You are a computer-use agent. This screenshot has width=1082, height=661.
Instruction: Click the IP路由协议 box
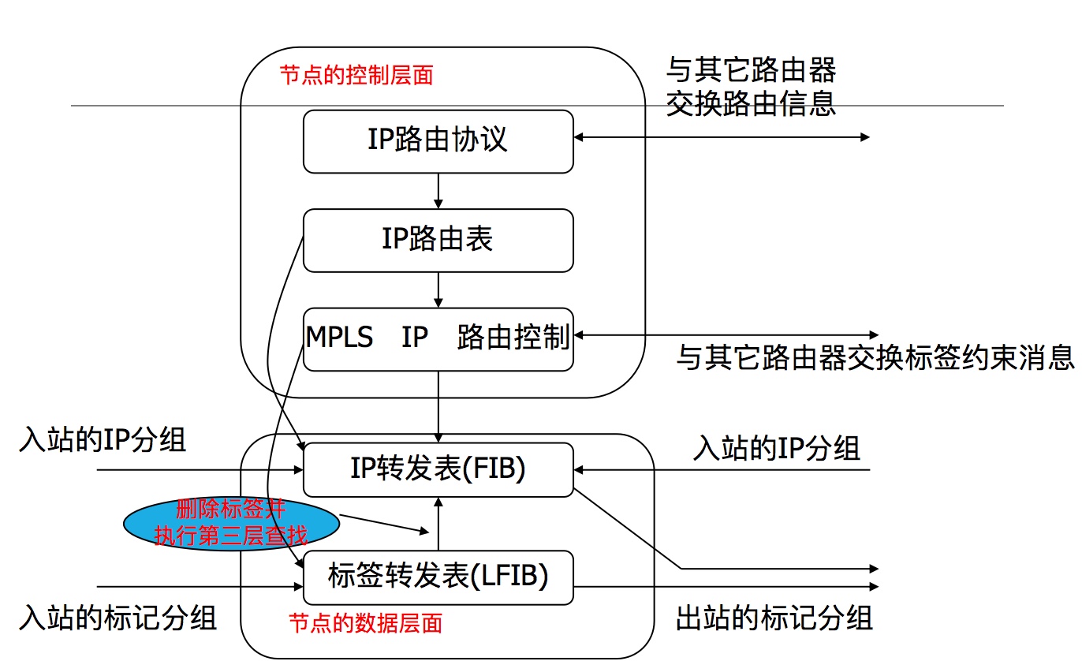pyautogui.click(x=438, y=141)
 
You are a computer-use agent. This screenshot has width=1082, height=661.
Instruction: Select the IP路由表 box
pyautogui.click(x=438, y=240)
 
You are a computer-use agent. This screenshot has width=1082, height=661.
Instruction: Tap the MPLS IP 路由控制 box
pyautogui.click(x=438, y=338)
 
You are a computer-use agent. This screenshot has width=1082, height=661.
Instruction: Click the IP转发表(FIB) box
pyautogui.click(x=438, y=470)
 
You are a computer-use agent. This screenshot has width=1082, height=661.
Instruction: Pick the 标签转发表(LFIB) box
pyautogui.click(x=438, y=577)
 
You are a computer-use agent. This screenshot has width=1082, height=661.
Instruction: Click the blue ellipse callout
pyautogui.click(x=230, y=523)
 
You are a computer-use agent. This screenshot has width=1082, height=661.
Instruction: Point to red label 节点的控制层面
pyautogui.click(x=356, y=76)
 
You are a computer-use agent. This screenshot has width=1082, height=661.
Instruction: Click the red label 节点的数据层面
pyautogui.click(x=366, y=623)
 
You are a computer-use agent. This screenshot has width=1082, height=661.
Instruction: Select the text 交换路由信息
pyautogui.click(x=750, y=104)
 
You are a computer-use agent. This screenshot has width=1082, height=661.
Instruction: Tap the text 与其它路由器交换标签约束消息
pyautogui.click(x=875, y=359)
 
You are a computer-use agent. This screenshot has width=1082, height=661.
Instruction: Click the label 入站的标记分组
pyautogui.click(x=118, y=617)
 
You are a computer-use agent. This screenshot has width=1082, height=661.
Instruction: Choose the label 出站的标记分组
pyautogui.click(x=774, y=617)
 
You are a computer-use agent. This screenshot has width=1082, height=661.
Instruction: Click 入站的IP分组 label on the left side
pyautogui.click(x=103, y=440)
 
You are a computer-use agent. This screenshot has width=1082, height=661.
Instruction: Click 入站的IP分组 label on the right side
pyautogui.click(x=776, y=449)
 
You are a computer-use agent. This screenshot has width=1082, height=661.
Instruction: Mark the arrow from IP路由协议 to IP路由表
pyautogui.click(x=438, y=191)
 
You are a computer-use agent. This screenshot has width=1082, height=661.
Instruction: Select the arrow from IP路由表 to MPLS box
pyautogui.click(x=438, y=289)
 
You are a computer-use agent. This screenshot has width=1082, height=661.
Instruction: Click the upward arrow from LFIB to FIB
pyautogui.click(x=438, y=524)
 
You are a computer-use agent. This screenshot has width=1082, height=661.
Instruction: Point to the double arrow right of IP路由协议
pyautogui.click(x=721, y=137)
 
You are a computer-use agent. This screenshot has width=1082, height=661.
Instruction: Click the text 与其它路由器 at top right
pyautogui.click(x=750, y=70)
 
